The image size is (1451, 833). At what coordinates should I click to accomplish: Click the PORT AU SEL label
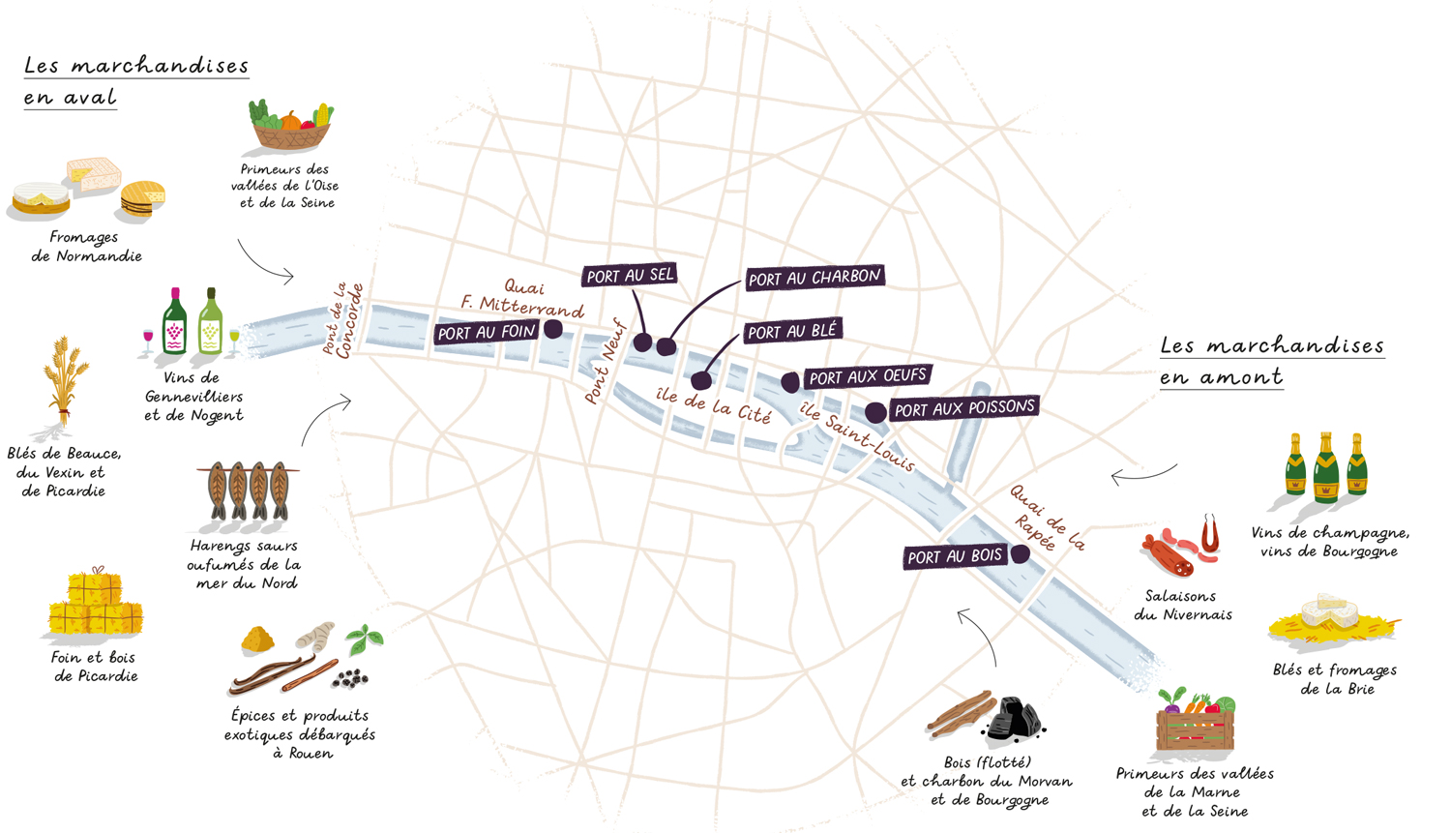630,276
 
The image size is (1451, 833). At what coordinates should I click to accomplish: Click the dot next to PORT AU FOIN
553,329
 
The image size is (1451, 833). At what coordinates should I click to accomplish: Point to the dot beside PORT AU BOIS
1020,554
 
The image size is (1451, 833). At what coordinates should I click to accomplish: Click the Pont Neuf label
606,361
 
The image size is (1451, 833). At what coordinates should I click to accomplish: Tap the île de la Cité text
713,404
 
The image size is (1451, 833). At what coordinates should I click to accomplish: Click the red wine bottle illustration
174,322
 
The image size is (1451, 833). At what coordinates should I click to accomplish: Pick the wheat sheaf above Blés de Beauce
64,382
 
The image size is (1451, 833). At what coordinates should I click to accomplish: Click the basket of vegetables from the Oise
289,126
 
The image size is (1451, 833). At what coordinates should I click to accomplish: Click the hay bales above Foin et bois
96,605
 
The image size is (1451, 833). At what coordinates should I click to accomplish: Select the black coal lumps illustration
1016,718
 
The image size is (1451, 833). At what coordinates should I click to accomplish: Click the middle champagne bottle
1325,466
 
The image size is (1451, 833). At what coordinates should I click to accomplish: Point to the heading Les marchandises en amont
1270,360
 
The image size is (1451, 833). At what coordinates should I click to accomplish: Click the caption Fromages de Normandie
86,247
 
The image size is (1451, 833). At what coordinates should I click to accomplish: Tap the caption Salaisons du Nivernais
1181,606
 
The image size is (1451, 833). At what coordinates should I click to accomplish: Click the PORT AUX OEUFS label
867,376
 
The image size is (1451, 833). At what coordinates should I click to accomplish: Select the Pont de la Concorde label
344,320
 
